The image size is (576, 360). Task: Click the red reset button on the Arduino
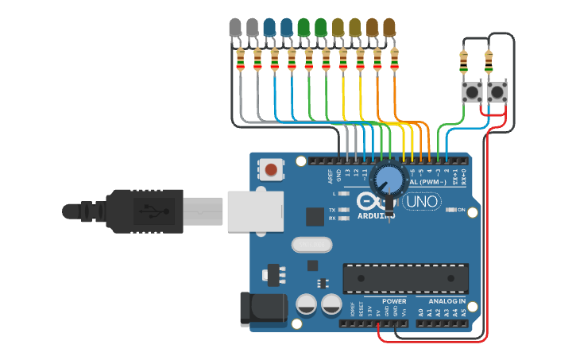pos(272,168)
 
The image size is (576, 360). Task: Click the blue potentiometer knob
pos(389,180)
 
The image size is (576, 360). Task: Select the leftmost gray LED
pos(235,29)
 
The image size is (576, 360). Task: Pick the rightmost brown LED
pos(389,29)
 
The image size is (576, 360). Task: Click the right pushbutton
pos(497,92)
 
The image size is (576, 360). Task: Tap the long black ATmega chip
pos(405,277)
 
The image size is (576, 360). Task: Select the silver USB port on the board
pos(255,211)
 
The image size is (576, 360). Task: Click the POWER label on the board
pos(394,301)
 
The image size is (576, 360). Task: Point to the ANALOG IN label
pos(447,301)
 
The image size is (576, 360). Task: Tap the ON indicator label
pos(460,211)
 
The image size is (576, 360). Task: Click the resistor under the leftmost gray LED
pos(241,59)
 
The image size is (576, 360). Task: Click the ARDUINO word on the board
pos(377,215)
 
